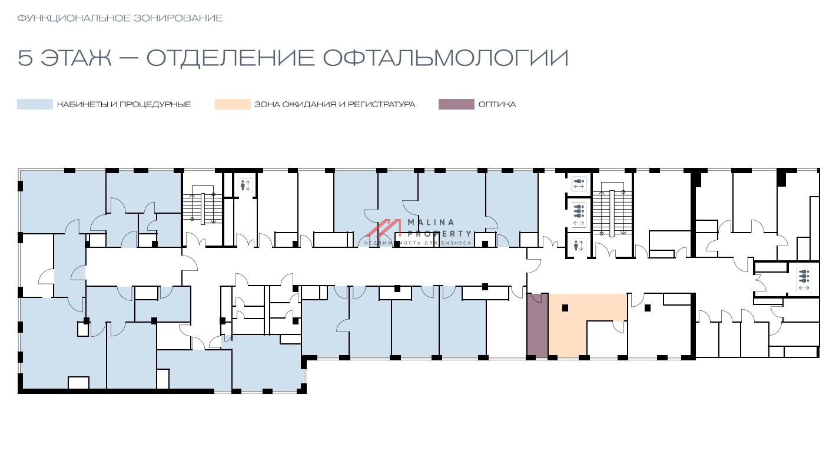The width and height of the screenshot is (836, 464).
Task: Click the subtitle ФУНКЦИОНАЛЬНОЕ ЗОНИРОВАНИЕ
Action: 120,18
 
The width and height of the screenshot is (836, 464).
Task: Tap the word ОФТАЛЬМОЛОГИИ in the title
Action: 446,58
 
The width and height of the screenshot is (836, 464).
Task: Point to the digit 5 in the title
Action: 25,58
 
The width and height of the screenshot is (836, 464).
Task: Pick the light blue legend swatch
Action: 35,104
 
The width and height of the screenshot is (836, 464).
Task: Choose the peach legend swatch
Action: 232,104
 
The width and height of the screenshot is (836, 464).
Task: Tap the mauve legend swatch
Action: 456,104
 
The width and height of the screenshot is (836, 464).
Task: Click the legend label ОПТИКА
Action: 497,104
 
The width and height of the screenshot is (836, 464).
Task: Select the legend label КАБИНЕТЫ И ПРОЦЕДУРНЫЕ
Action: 124,104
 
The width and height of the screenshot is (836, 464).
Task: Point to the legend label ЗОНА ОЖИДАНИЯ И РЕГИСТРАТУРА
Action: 334,104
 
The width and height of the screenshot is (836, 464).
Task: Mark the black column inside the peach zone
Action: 565,307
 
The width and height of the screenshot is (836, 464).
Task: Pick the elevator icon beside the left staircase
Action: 245,185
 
